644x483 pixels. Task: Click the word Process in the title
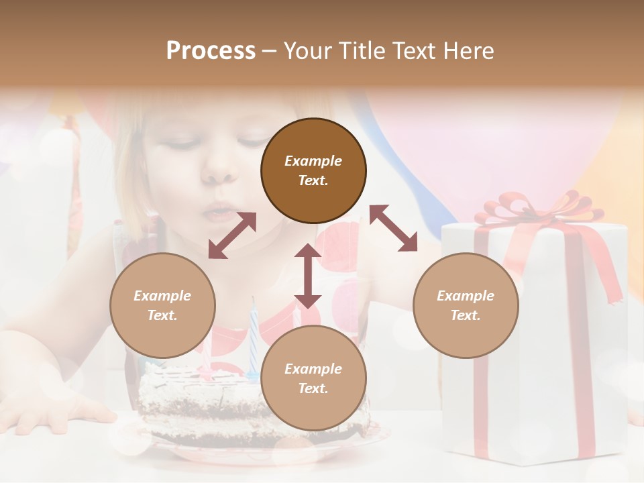point(211,51)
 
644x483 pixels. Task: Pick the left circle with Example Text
point(162,305)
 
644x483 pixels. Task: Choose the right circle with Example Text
point(466,305)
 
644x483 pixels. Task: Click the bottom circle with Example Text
point(313,378)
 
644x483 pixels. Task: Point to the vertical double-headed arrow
point(308,276)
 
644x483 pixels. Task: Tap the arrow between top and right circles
point(394,228)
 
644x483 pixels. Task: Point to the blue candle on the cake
point(254,342)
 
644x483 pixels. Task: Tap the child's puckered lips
point(216,211)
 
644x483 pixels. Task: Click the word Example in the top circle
point(313,161)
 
